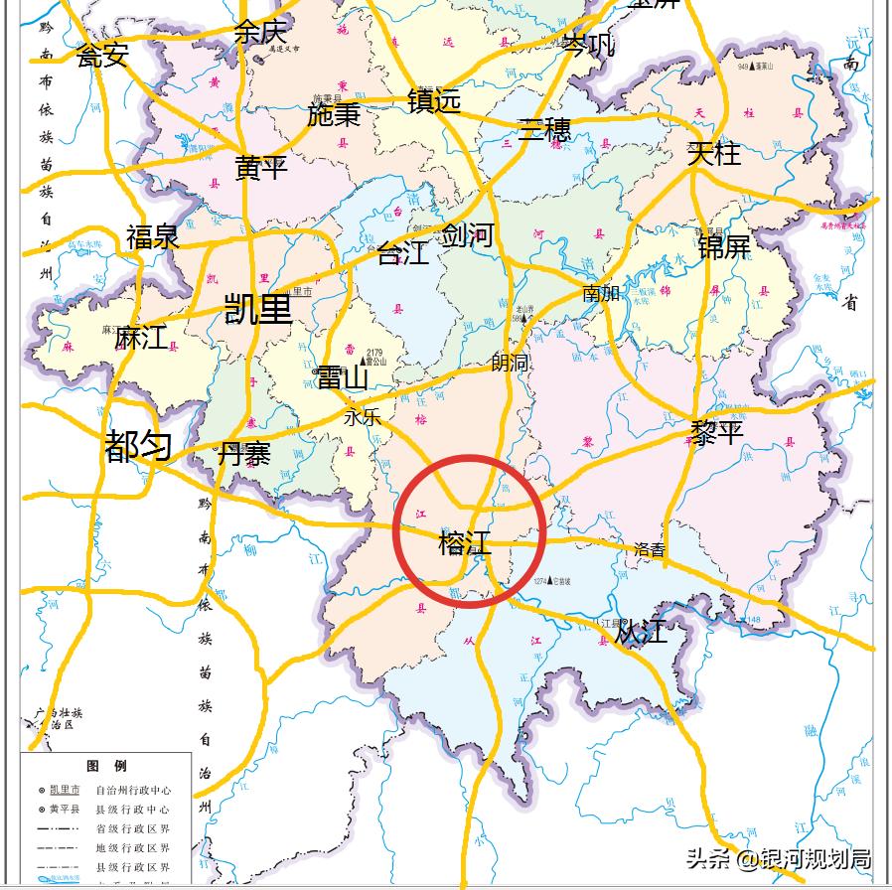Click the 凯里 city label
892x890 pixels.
click(x=258, y=309)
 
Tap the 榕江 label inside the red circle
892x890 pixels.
click(x=465, y=543)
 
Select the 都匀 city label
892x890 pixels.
click(x=138, y=447)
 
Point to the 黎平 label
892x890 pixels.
click(x=717, y=432)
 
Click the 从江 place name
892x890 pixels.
click(x=641, y=632)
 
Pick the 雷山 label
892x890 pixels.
click(x=342, y=377)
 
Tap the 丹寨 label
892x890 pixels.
click(x=244, y=454)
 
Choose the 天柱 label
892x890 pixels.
click(x=713, y=153)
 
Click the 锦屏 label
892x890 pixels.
click(x=723, y=245)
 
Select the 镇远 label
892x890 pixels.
click(x=434, y=100)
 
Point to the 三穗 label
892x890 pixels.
click(x=544, y=130)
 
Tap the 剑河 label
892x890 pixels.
click(x=467, y=235)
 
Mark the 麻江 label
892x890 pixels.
click(x=141, y=338)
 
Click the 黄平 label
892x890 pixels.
click(x=261, y=168)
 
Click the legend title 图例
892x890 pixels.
click(x=106, y=766)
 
